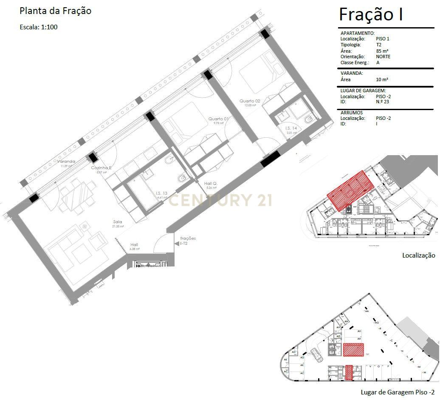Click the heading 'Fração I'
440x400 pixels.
tap(371, 14)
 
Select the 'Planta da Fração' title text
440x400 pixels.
tap(55, 11)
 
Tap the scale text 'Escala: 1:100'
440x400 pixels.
tap(39, 27)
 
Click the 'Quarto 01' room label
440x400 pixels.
tap(218, 119)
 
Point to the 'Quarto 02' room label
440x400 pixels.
tap(249, 101)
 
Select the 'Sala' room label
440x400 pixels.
tap(118, 222)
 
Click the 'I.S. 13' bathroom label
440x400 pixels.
tap(161, 193)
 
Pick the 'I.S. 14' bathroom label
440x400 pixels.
tap(291, 128)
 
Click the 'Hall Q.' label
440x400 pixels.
tap(212, 184)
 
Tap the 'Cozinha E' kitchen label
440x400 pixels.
tap(101, 168)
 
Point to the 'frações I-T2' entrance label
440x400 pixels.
tap(188, 241)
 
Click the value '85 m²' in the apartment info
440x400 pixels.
tap(382, 51)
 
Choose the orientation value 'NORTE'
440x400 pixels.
tap(383, 57)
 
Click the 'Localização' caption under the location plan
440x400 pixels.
tap(419, 255)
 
